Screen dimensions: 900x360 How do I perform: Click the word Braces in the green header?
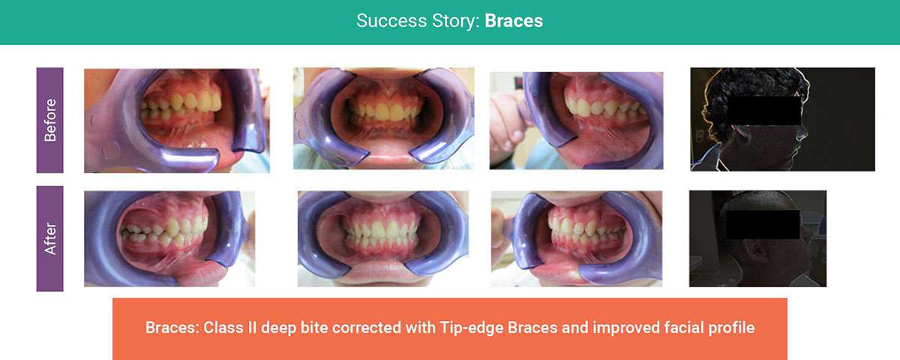tap(514, 21)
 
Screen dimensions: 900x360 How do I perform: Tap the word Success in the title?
tap(391, 21)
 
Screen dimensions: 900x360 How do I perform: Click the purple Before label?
tap(49, 120)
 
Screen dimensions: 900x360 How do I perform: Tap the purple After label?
tap(49, 238)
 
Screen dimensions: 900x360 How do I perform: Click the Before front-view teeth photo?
tap(384, 118)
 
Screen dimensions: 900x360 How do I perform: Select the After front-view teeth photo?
tap(383, 238)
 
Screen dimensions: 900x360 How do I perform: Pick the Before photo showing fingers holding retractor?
tap(577, 121)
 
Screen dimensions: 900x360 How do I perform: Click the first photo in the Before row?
tap(177, 121)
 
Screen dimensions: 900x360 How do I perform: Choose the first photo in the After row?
tap(169, 238)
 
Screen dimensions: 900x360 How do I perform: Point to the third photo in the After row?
tap(577, 238)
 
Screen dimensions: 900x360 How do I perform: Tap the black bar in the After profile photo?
tap(763, 225)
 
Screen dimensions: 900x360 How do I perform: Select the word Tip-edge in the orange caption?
tap(471, 328)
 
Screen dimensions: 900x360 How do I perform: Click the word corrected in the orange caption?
tap(367, 328)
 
